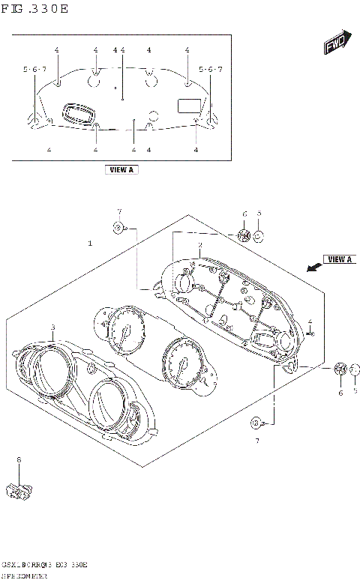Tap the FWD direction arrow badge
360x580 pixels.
click(x=334, y=46)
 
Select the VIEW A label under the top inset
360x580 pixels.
click(x=121, y=170)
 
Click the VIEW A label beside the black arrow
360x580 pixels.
click(x=340, y=259)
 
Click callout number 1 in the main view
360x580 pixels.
click(x=90, y=244)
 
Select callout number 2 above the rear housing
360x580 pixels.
click(x=199, y=244)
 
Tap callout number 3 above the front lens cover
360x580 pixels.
click(x=52, y=327)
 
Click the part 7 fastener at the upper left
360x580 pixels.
click(x=119, y=226)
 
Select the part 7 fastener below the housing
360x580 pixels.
click(x=256, y=422)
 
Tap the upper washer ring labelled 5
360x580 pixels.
click(x=259, y=237)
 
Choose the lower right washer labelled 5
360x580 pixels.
click(x=355, y=369)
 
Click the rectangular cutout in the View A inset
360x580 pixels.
click(x=187, y=105)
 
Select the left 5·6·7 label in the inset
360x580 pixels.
click(x=34, y=70)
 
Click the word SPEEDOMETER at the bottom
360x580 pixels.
click(x=26, y=574)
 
